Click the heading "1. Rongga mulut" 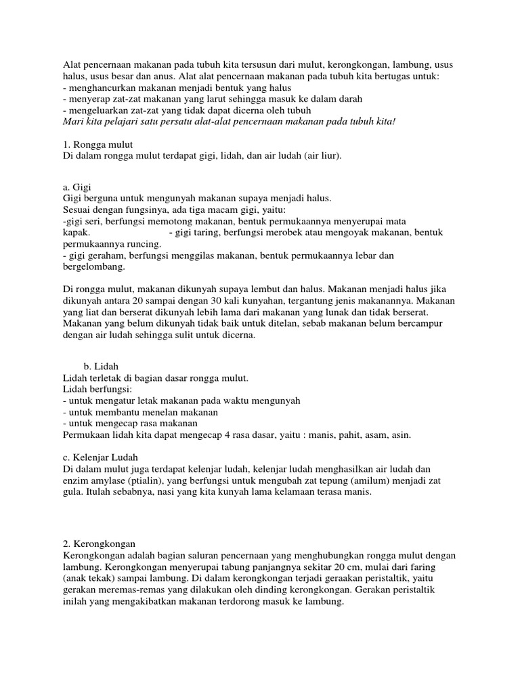pyautogui.click(x=97, y=144)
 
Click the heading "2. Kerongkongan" pyautogui.click(x=99, y=544)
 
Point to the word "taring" pyautogui.click(x=204, y=232)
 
